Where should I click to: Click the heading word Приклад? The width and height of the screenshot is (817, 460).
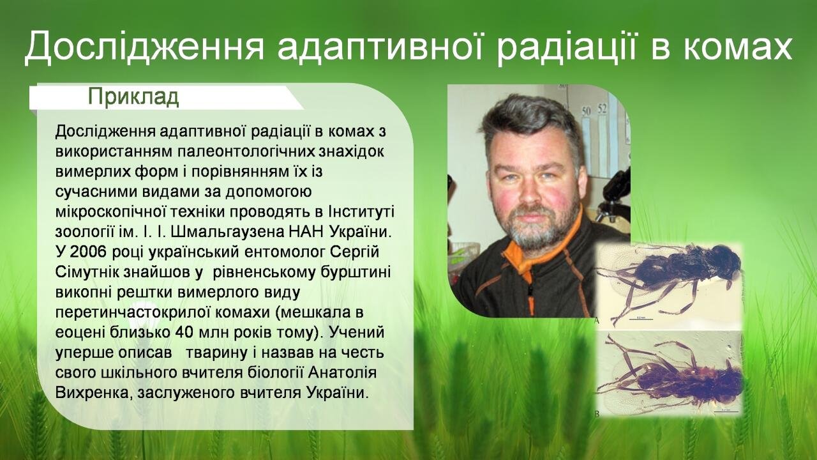133,97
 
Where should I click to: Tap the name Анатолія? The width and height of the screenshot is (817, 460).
343,372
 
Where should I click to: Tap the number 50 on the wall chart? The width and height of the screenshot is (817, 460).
586,111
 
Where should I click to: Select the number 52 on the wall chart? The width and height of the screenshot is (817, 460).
602,109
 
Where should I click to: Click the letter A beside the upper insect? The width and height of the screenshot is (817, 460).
597,321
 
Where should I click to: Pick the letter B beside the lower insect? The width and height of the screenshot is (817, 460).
597,413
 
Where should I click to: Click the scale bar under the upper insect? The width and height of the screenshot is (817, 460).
641,319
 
